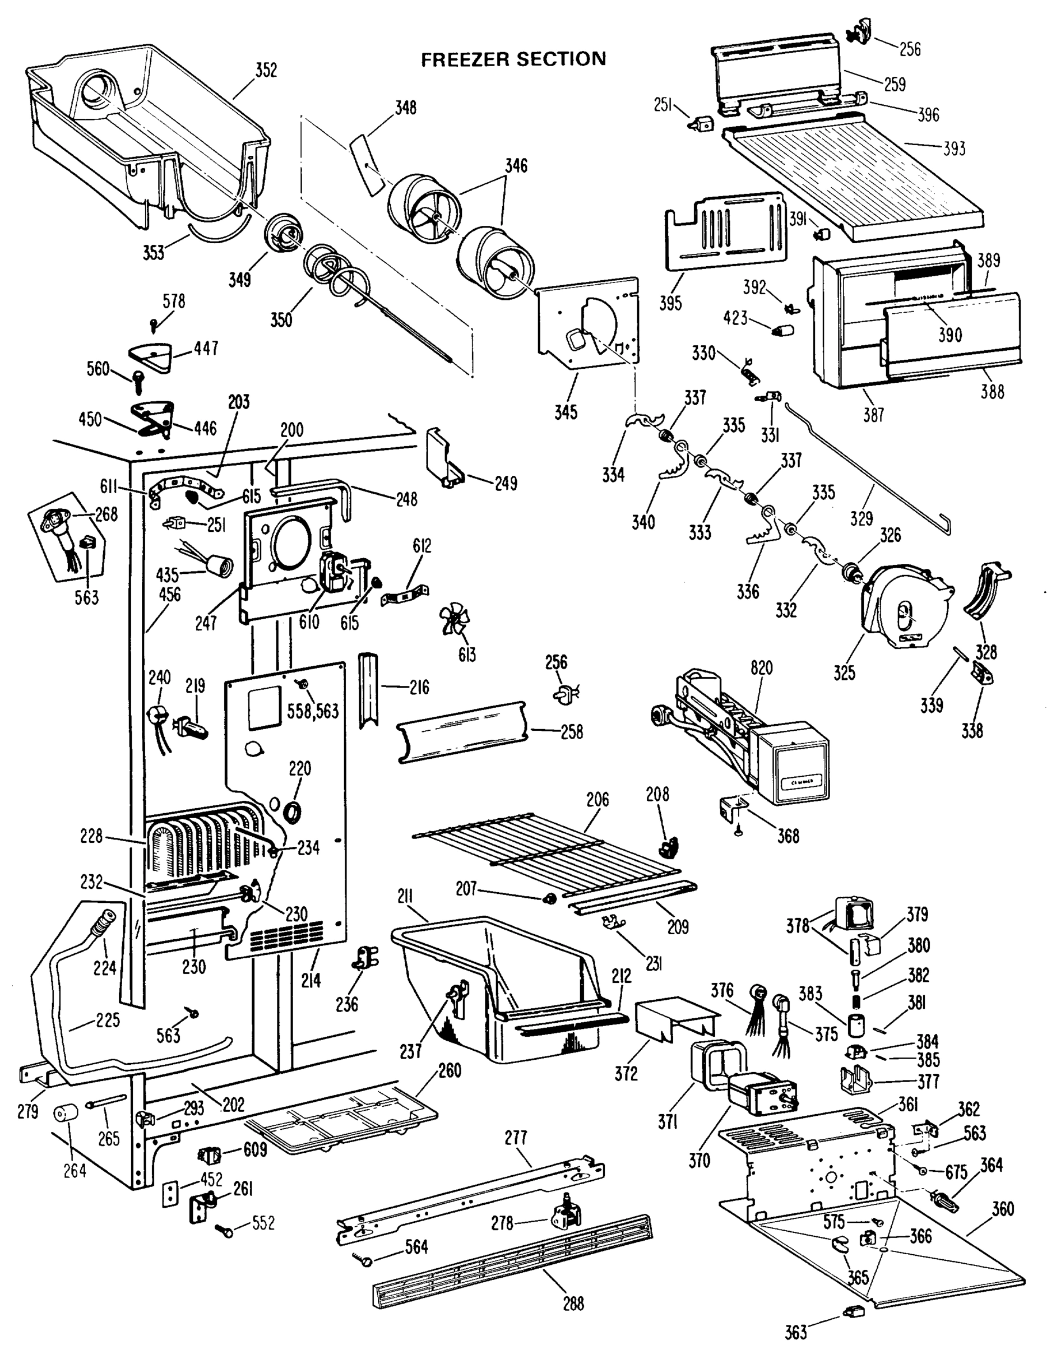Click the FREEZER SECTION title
tap(513, 59)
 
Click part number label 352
tap(266, 71)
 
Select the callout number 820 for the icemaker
tap(762, 668)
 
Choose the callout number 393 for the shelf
tap(954, 149)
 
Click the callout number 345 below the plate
tap(566, 412)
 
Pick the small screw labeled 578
tap(154, 323)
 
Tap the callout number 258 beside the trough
tap(572, 732)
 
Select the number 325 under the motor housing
tap(844, 672)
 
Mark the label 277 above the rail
tap(516, 1137)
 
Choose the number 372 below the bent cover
tap(626, 1074)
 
